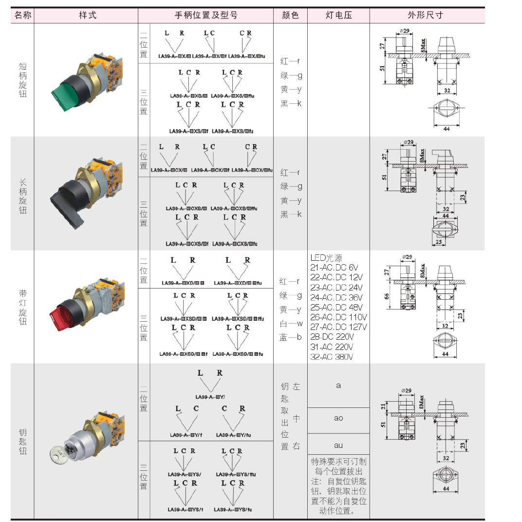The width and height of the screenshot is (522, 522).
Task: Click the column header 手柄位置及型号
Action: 205,15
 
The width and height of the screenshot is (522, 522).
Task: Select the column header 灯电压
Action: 338,15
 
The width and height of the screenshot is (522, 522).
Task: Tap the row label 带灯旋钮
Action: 23,307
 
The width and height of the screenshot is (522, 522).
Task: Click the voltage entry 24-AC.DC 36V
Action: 336,297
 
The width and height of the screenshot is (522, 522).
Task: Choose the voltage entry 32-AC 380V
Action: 332,357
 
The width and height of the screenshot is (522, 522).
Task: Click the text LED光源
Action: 327,257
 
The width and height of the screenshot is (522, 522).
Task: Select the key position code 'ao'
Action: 338,418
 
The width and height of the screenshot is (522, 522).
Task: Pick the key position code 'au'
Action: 338,445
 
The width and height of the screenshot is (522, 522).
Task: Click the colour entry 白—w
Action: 291,324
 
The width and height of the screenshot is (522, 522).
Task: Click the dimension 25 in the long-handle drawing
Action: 439,242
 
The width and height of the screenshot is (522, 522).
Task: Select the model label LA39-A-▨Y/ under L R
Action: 210,397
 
